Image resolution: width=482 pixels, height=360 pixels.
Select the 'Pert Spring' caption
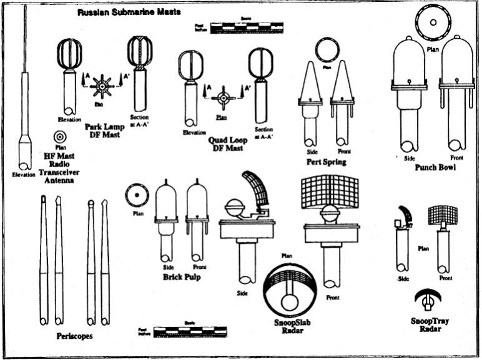pos(327,162)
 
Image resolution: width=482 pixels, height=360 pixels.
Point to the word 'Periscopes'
pos(74,336)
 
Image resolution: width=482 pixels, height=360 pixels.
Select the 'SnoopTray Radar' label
pos(430,324)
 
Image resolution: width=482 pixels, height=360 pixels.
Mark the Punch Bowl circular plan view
pos(431,22)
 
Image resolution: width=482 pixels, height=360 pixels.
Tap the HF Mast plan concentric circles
pos(61,136)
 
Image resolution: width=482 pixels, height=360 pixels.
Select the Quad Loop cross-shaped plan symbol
pos(222,98)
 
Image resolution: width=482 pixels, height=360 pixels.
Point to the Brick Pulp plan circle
pos(135,195)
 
